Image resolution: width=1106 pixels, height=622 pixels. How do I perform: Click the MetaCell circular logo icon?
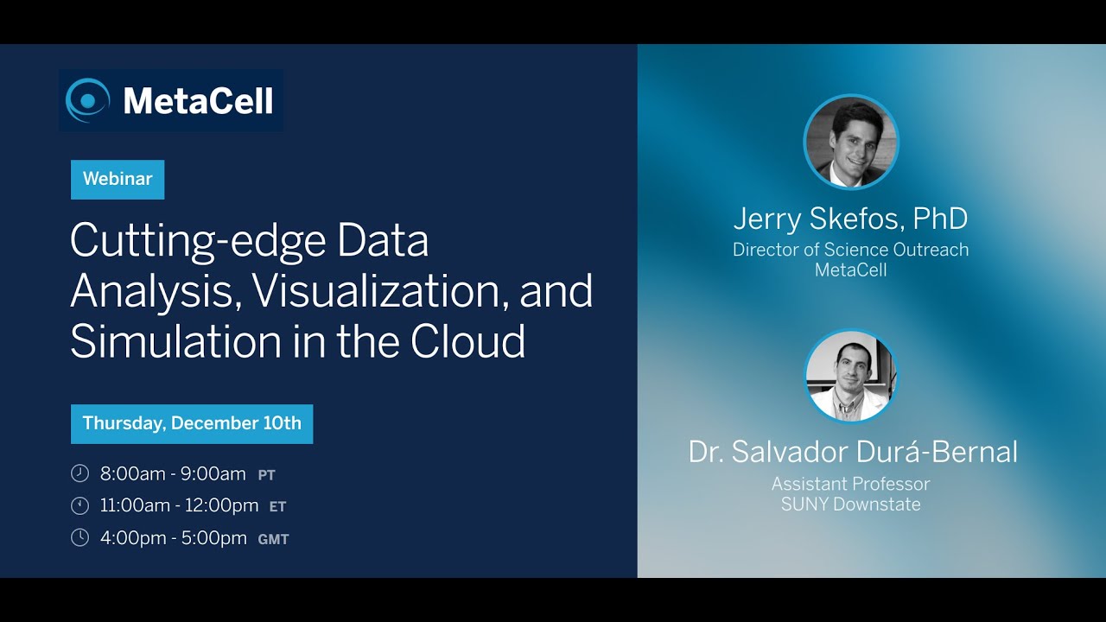pyautogui.click(x=88, y=100)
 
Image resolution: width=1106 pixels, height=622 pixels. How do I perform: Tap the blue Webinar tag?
pyautogui.click(x=118, y=180)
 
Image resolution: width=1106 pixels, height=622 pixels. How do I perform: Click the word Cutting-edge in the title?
pyautogui.click(x=199, y=241)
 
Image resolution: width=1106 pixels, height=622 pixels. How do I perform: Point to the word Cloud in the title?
pyautogui.click(x=467, y=341)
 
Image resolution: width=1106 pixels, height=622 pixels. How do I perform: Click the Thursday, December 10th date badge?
pyautogui.click(x=192, y=424)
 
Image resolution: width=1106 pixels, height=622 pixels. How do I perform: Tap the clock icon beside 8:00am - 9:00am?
pyautogui.click(x=79, y=473)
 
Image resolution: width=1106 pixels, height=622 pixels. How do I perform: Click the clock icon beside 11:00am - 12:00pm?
pyautogui.click(x=79, y=505)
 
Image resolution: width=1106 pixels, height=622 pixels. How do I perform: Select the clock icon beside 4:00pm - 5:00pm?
pyautogui.click(x=79, y=538)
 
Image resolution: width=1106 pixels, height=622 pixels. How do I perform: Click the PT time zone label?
pyautogui.click(x=266, y=475)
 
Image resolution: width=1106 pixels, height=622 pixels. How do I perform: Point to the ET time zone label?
pyautogui.click(x=277, y=507)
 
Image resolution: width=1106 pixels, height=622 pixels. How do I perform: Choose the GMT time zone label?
pyautogui.click(x=273, y=539)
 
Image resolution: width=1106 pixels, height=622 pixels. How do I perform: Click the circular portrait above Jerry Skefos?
pyautogui.click(x=851, y=142)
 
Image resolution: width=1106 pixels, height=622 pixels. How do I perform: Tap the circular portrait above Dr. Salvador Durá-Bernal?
pyautogui.click(x=851, y=376)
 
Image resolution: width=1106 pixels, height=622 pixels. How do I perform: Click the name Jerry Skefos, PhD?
pyautogui.click(x=850, y=219)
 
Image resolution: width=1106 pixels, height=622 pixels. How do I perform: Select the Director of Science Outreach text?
pyautogui.click(x=850, y=250)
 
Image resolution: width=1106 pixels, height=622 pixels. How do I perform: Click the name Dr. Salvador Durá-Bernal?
pyautogui.click(x=853, y=451)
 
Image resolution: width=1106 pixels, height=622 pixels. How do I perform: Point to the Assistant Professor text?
pyautogui.click(x=850, y=484)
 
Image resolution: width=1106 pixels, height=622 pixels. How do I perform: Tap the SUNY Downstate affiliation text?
pyautogui.click(x=850, y=505)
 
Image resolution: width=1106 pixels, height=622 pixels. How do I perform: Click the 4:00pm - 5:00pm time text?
pyautogui.click(x=173, y=538)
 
